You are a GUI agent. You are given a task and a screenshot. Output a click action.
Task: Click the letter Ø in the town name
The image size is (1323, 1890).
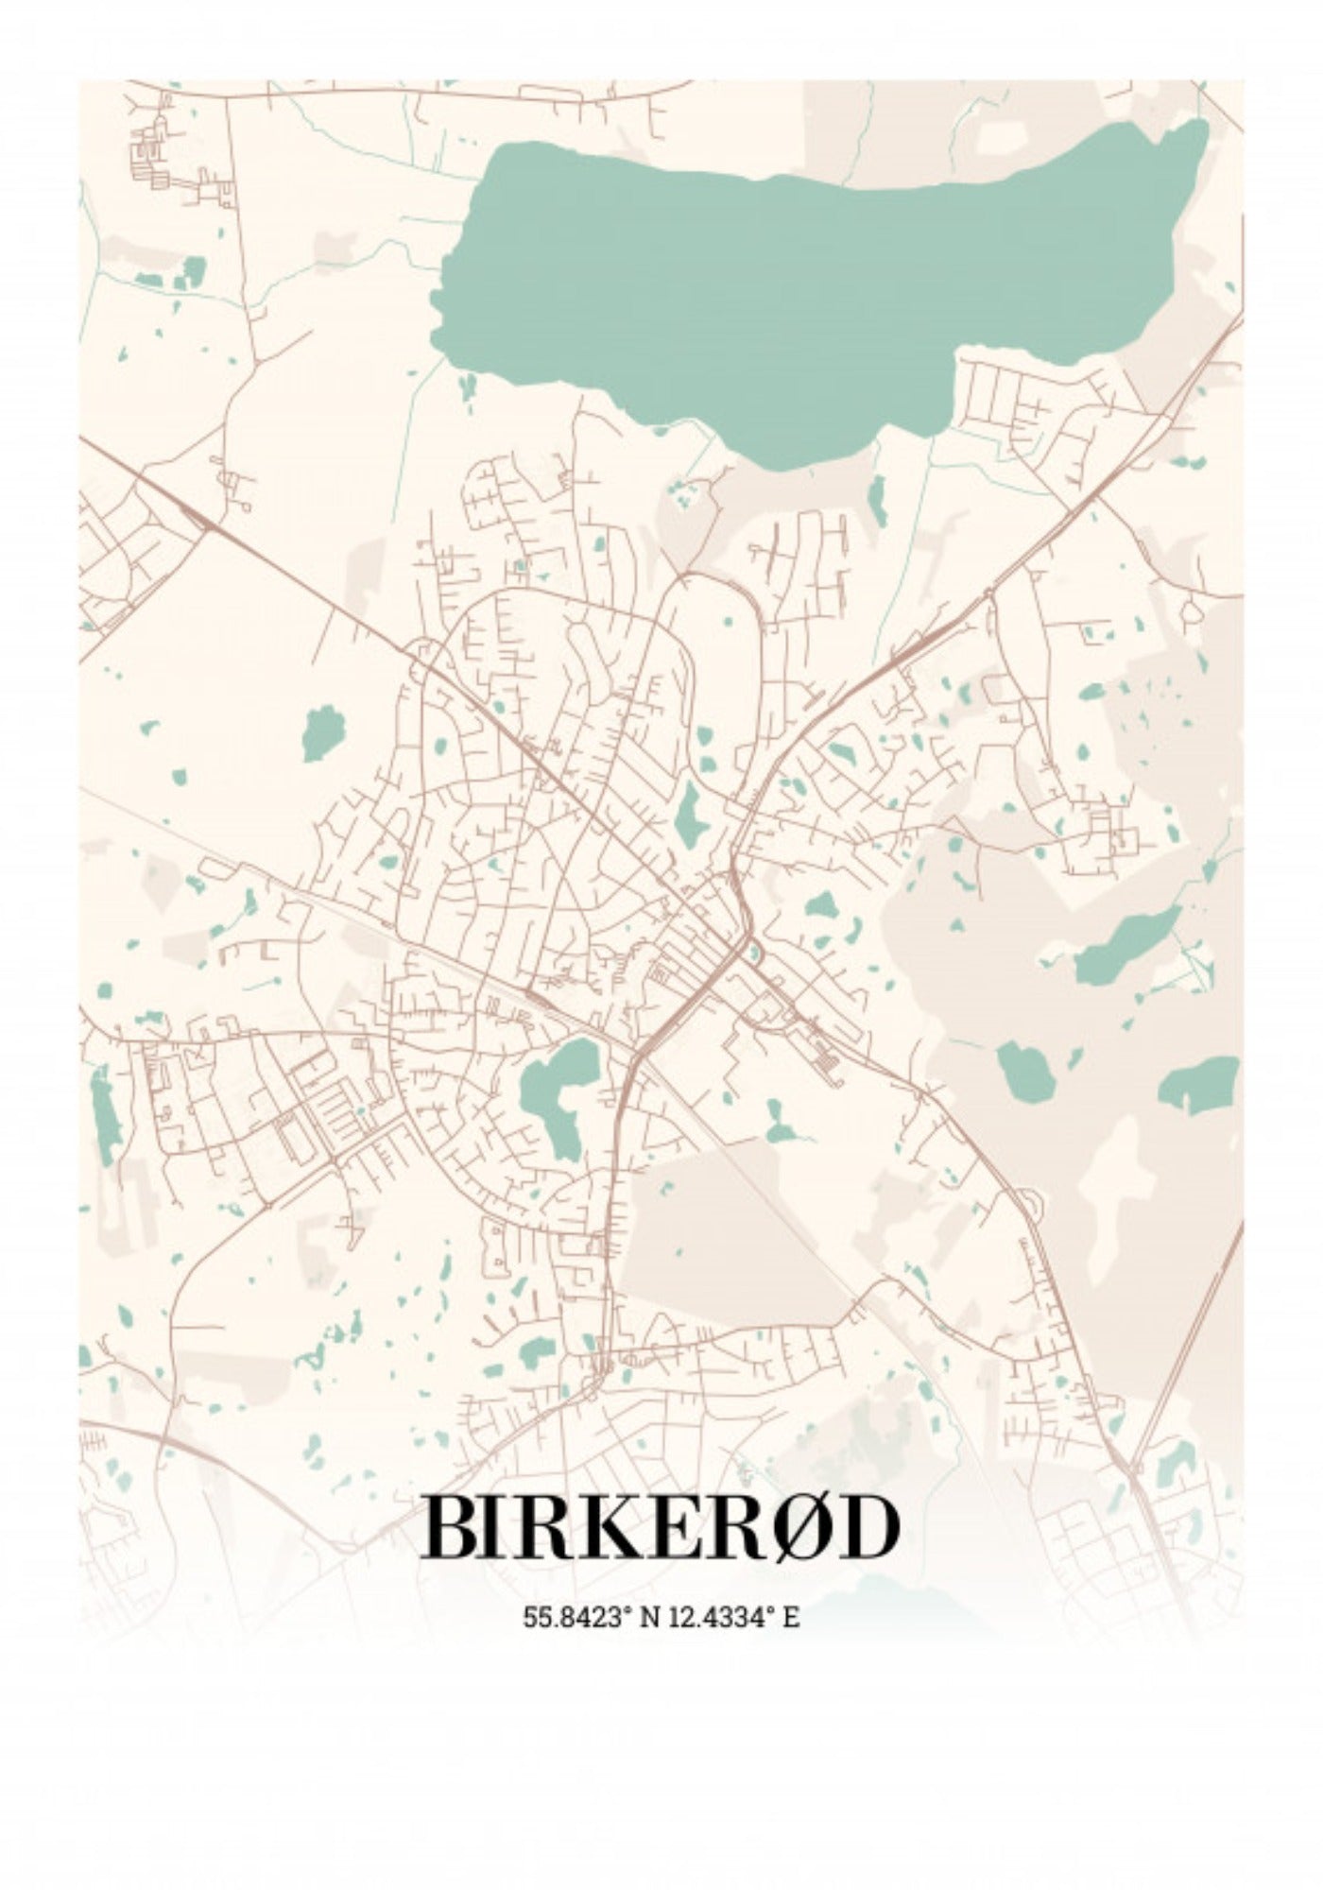(x=802, y=1528)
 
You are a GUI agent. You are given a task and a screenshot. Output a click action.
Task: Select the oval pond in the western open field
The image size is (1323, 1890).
(x=323, y=732)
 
